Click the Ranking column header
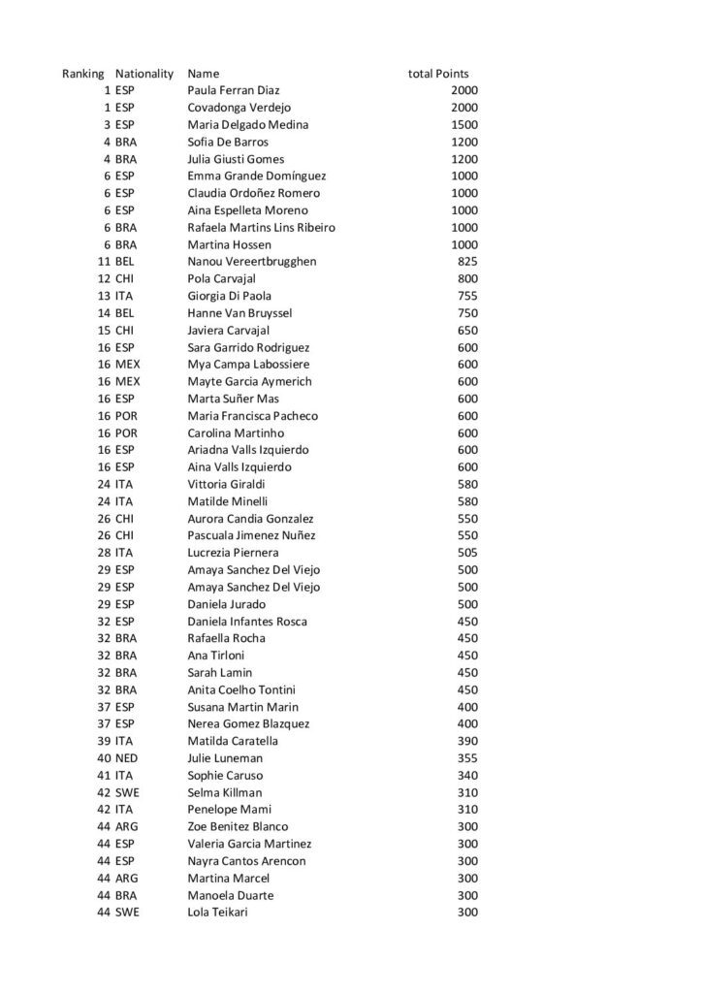coord(82,74)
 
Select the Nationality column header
coord(144,74)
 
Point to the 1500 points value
coord(464,125)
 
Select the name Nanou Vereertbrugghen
coord(251,262)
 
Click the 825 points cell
coord(467,262)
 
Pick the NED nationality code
coord(126,758)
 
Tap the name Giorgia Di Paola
coord(229,296)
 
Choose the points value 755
coord(467,296)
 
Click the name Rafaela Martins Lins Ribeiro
coord(261,228)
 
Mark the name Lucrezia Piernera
coord(233,553)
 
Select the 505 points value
coord(467,553)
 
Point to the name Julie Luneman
coord(225,758)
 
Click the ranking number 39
coord(104,741)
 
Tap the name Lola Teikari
coord(217,913)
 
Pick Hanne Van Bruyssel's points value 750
coord(467,313)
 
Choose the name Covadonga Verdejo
coord(239,108)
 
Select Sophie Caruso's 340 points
coord(467,776)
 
